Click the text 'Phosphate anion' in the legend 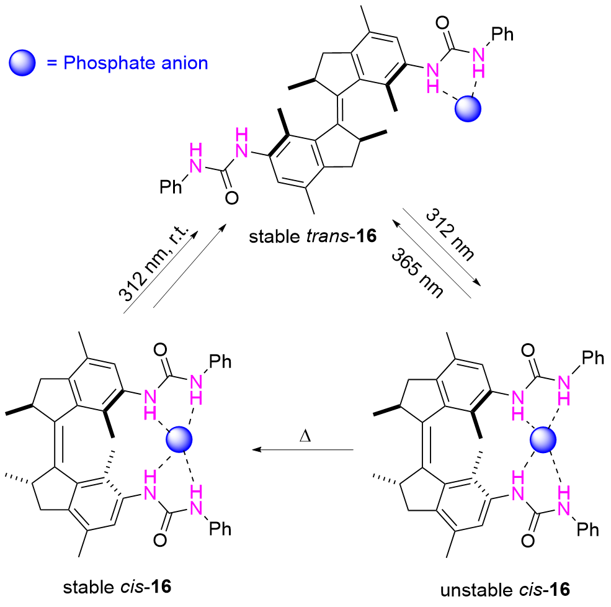point(135,63)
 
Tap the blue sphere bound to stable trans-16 point(469,109)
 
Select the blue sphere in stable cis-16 point(180,442)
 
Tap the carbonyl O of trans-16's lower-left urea point(231,197)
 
